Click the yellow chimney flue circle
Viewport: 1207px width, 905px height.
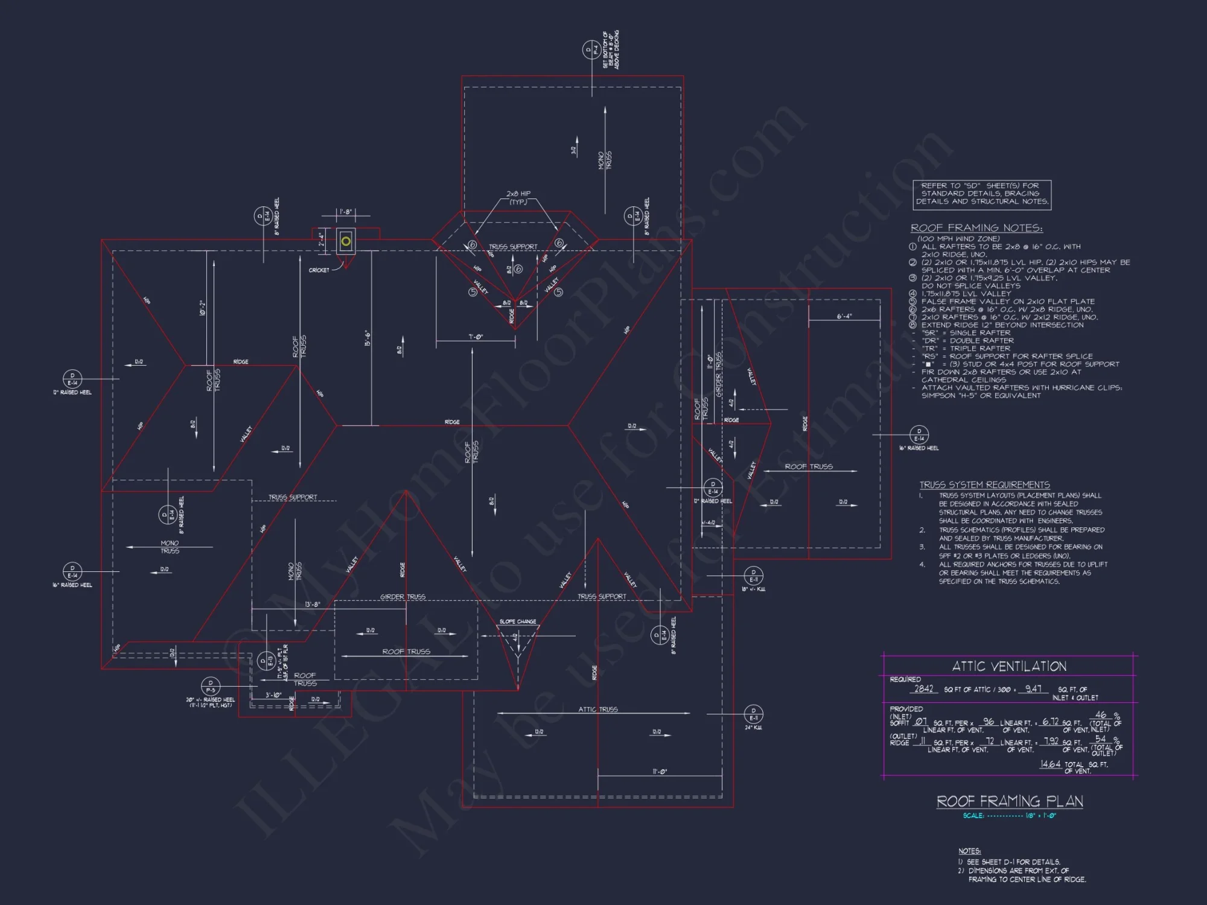click(x=346, y=241)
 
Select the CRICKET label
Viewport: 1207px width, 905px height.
click(x=319, y=270)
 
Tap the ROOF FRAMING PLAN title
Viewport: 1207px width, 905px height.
click(x=1010, y=801)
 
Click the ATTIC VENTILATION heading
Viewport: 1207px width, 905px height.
click(x=1009, y=666)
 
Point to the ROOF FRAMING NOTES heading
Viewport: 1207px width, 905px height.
click(x=976, y=228)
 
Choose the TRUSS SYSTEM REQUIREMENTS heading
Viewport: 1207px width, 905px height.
click(x=984, y=485)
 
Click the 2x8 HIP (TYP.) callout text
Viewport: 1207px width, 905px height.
click(x=518, y=198)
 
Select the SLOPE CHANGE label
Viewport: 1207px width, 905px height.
click(x=518, y=621)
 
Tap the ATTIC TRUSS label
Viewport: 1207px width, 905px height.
click(x=598, y=710)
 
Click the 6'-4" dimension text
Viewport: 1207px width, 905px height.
click(x=844, y=316)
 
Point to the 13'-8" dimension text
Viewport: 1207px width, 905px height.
click(x=312, y=605)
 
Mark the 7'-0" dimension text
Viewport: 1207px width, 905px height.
click(x=476, y=337)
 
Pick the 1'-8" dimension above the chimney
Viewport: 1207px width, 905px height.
click(x=346, y=212)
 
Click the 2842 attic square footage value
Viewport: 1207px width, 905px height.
click(x=923, y=689)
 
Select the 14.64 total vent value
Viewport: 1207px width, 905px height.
click(x=1050, y=764)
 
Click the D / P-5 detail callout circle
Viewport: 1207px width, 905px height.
click(x=211, y=687)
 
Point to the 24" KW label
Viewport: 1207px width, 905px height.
click(x=753, y=728)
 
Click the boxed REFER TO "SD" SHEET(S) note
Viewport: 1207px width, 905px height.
click(x=982, y=194)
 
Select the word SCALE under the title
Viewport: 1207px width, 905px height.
click(x=973, y=816)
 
